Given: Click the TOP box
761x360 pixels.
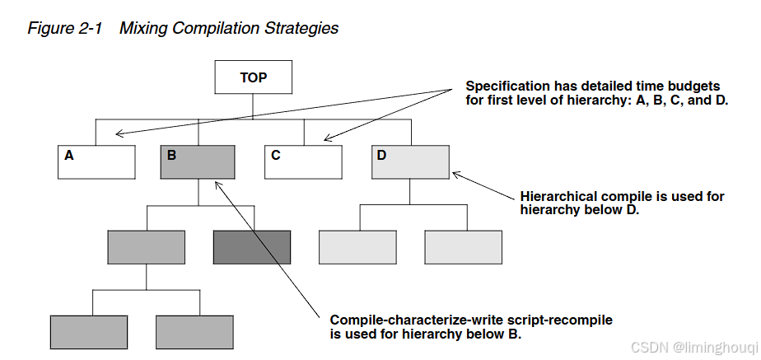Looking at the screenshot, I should click(x=254, y=78).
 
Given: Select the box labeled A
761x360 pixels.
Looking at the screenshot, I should click(x=96, y=161).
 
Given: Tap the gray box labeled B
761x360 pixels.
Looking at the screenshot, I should click(x=198, y=161).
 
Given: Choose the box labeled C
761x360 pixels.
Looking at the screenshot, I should click(x=303, y=161).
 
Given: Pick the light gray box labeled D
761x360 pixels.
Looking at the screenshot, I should click(x=410, y=161).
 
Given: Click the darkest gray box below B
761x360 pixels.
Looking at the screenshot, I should click(x=252, y=247).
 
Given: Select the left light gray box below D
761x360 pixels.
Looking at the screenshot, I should click(x=357, y=247).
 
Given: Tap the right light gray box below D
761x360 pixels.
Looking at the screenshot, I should click(x=464, y=247).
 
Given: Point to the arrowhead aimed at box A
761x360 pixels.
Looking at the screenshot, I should click(x=118, y=133).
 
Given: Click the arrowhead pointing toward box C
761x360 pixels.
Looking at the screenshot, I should click(x=327, y=139).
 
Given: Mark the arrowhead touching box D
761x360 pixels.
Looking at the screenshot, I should click(x=455, y=173).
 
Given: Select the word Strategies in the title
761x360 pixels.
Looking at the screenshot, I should click(x=301, y=28).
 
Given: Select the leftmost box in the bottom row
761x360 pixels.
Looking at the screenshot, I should click(x=89, y=332).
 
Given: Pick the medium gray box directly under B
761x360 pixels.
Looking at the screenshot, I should click(x=146, y=247).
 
